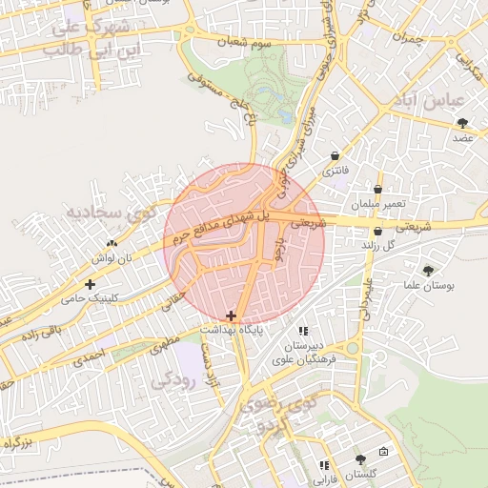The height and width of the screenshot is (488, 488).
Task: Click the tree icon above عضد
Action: [463, 122]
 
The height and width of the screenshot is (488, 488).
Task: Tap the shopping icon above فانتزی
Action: [335, 156]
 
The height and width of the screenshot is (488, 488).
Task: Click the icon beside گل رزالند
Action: [378, 231]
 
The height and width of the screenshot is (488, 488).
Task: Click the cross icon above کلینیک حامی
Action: [91, 284]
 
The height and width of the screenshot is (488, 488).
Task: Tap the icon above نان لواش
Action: [112, 243]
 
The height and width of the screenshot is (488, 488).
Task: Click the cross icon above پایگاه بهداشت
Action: [231, 315]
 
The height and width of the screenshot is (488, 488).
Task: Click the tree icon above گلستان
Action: [359, 459]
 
